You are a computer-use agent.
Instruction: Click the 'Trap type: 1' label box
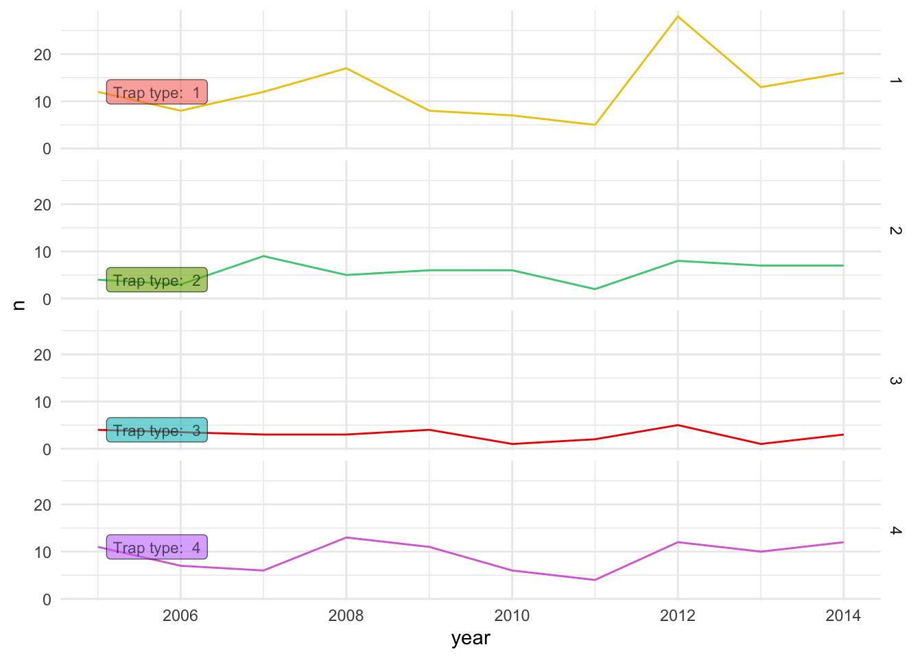156,93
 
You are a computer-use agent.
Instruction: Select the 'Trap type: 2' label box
156,280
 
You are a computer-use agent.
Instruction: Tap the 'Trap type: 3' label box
156,430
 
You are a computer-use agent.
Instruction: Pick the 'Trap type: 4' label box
156,548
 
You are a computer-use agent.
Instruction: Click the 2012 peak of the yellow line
678,16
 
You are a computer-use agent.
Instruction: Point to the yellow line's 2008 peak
346,69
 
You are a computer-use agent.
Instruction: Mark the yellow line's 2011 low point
595,125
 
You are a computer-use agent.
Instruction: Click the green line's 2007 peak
263,256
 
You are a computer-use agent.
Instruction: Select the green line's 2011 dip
595,289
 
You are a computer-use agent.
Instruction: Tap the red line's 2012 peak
678,425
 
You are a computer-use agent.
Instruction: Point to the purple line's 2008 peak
346,537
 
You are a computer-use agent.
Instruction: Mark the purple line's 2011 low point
595,580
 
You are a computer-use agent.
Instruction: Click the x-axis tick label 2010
512,616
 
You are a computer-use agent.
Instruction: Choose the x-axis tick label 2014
843,616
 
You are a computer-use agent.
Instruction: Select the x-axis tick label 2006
180,616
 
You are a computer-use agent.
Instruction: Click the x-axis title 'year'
471,638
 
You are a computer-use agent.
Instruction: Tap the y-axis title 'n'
19,305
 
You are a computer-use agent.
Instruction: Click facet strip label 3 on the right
895,380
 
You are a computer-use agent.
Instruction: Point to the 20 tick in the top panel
43,55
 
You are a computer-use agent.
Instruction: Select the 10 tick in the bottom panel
43,552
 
